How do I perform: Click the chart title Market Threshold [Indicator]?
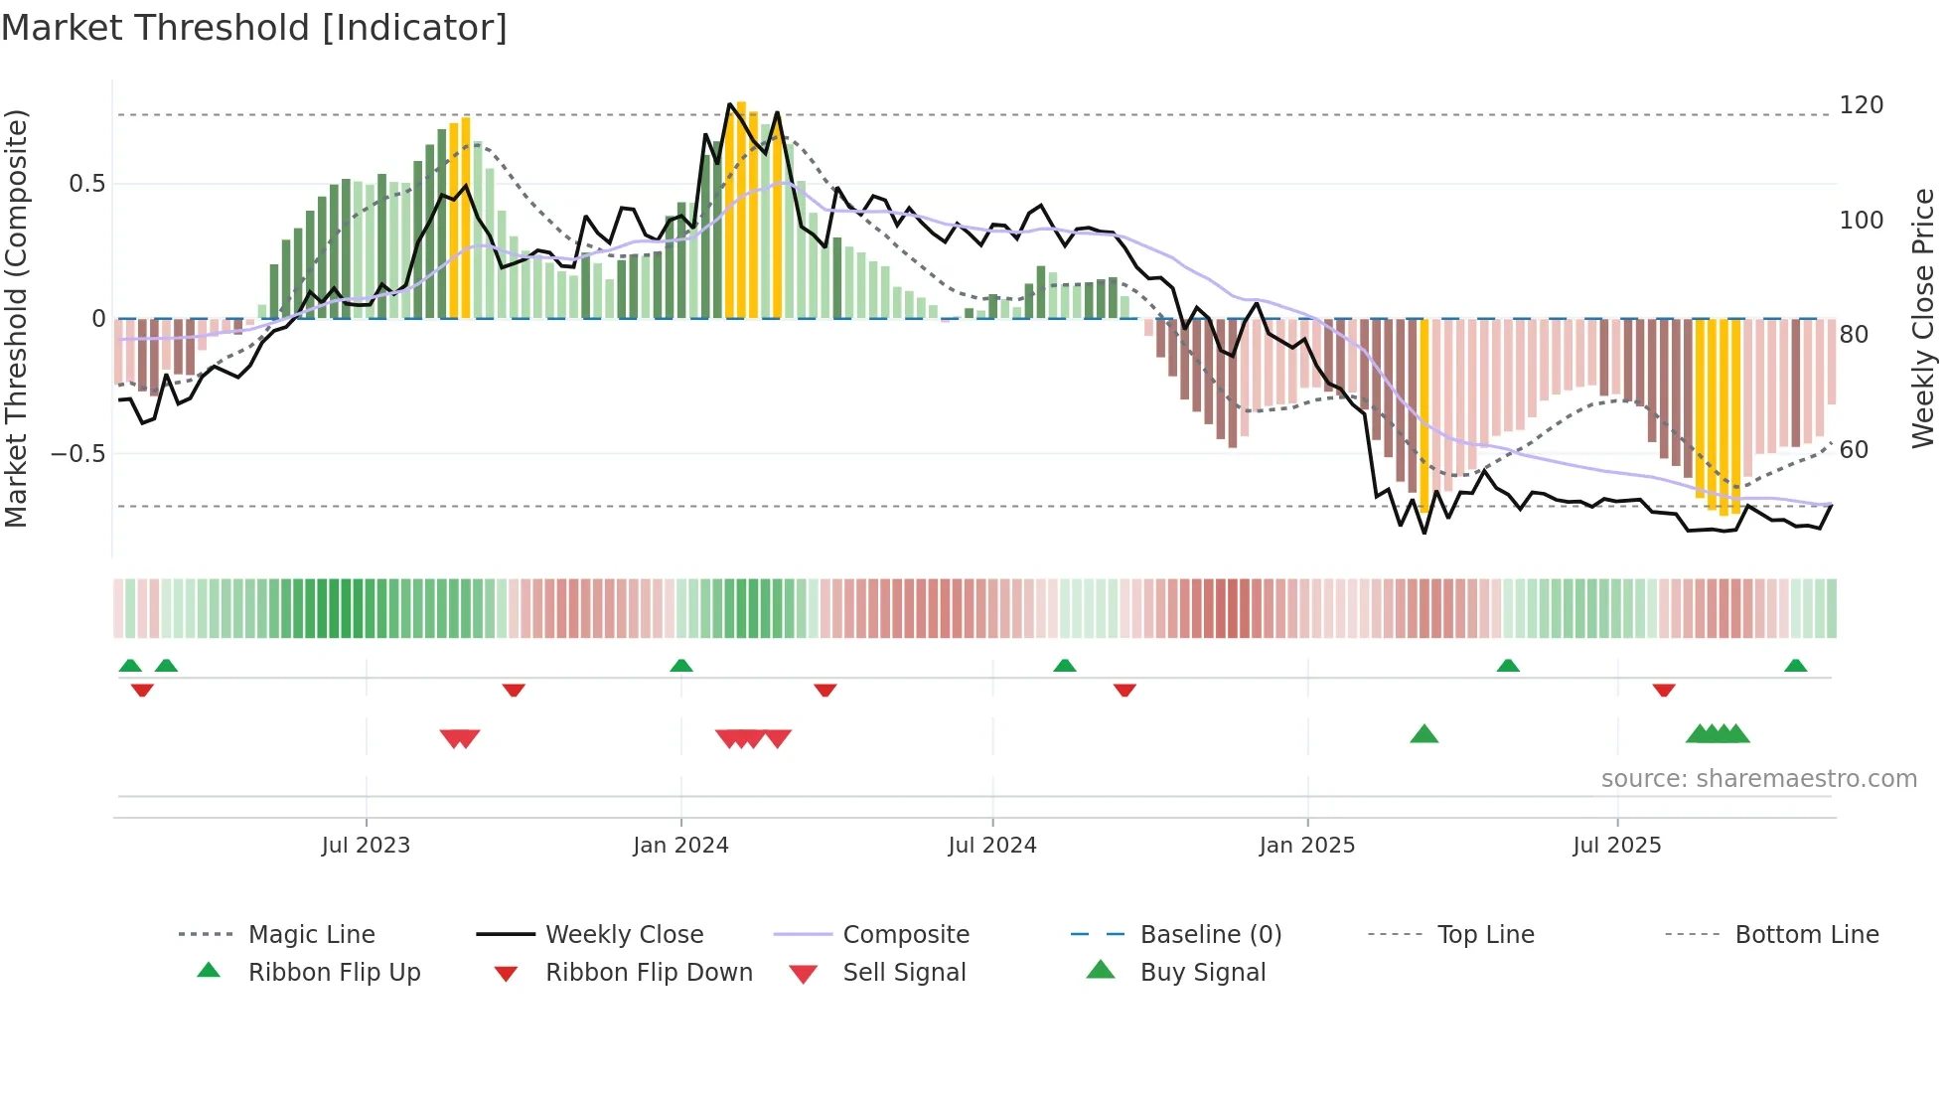[254, 28]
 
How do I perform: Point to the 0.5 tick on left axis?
[86, 184]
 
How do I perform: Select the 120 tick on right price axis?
[1861, 105]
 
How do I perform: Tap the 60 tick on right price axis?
[1854, 450]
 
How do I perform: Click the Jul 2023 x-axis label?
[366, 846]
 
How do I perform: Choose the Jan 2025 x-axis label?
[1306, 846]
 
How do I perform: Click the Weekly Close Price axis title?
[1923, 318]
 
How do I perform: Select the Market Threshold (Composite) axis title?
[16, 318]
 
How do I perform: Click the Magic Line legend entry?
[311, 935]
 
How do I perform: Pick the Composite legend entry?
[905, 935]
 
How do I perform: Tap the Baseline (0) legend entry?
[1210, 935]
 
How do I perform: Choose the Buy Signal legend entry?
[1202, 973]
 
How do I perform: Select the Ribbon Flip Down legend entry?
[648, 973]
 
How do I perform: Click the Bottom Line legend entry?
[1806, 935]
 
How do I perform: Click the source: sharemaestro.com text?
[1758, 779]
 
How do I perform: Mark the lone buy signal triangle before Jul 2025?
[1423, 734]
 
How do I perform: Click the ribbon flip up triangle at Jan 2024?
[681, 666]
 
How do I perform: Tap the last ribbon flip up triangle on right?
[1795, 666]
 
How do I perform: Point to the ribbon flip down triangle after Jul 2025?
[1664, 690]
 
